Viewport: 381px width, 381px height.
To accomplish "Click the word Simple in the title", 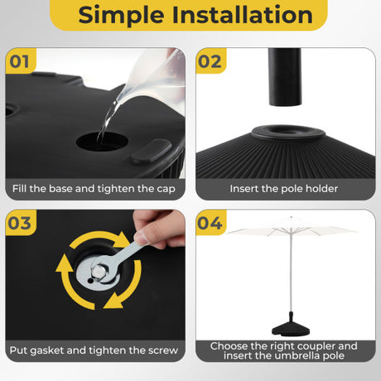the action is point(121,15).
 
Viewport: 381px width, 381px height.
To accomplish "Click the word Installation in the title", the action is point(243,15).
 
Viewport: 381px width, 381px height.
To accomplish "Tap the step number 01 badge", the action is point(20,61).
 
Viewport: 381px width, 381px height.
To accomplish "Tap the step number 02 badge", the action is point(210,61).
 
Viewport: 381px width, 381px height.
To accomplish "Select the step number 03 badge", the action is point(20,223).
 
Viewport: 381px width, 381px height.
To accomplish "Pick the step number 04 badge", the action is point(210,223).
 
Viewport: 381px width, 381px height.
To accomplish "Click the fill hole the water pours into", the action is point(102,142).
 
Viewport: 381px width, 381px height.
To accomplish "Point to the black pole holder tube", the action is point(285,77).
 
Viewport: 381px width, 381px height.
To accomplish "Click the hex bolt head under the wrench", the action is point(98,272).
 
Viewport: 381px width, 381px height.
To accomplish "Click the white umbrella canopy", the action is point(292,229).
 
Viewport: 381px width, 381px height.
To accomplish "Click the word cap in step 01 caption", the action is point(166,190).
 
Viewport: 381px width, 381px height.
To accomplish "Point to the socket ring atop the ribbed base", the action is point(288,132).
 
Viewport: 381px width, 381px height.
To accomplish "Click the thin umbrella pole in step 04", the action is point(291,272).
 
